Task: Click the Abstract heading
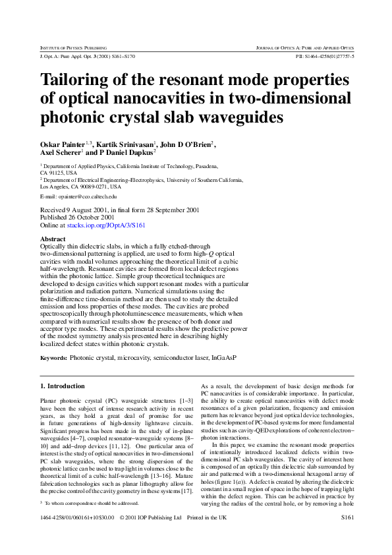pyautogui.click(x=53, y=239)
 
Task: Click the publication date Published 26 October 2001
pyautogui.click(x=77, y=217)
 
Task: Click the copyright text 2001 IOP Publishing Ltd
pyautogui.click(x=155, y=518)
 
